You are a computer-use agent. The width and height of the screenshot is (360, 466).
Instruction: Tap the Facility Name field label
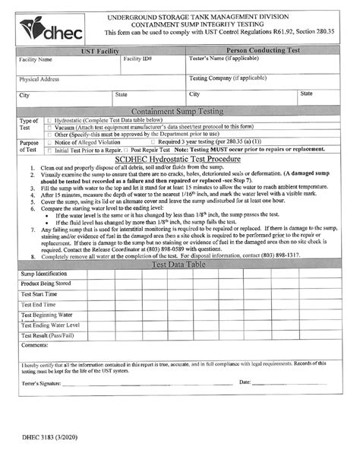(x=36, y=59)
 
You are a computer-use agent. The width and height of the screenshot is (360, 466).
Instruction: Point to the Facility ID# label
(x=137, y=59)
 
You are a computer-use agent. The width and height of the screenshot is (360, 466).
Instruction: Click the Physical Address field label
(x=40, y=78)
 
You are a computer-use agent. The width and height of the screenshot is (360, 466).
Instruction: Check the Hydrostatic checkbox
(x=49, y=121)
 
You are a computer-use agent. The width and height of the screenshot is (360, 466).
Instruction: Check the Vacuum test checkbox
(x=49, y=128)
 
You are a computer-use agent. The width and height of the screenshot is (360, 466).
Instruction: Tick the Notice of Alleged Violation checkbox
(x=49, y=142)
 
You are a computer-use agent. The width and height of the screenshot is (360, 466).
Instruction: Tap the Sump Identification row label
(x=44, y=272)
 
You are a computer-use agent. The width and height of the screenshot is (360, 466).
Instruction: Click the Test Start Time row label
(x=39, y=293)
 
